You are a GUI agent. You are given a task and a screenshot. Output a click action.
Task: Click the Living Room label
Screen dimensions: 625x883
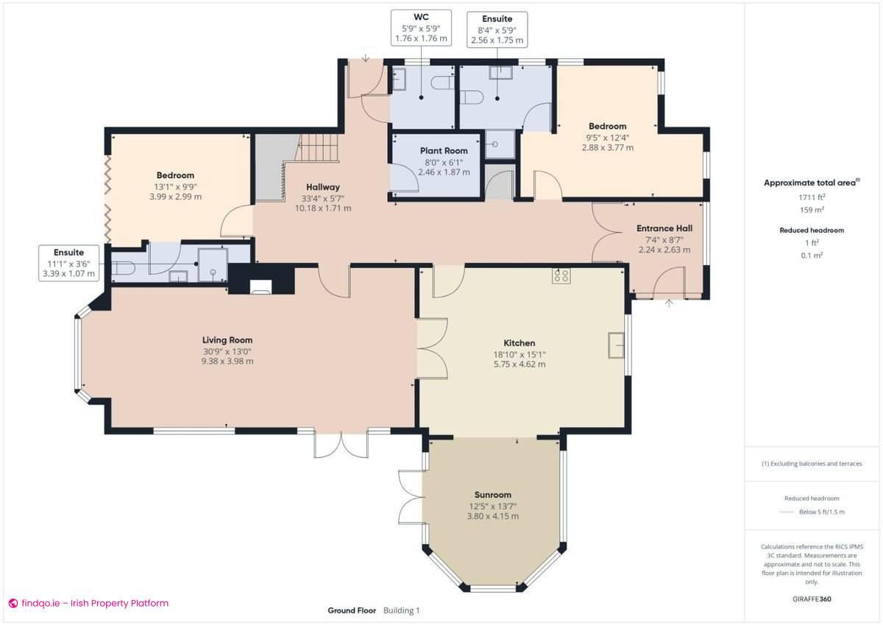point(227,340)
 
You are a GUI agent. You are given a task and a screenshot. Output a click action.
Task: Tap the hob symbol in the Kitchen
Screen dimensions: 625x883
point(561,276)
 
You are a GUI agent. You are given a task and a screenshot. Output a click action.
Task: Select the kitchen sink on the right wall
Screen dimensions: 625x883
point(615,345)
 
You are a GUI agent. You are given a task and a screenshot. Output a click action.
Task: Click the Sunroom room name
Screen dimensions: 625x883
point(492,495)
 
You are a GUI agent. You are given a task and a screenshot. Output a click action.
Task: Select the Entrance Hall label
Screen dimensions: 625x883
point(664,228)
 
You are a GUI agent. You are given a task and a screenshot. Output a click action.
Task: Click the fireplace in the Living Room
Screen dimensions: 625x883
point(261,286)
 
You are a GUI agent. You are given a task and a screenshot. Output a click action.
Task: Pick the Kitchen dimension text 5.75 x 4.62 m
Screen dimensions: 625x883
point(519,364)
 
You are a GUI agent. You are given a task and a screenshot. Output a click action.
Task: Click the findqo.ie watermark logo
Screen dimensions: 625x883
point(13,603)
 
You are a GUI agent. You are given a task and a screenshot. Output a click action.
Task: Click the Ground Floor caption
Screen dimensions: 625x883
point(352,610)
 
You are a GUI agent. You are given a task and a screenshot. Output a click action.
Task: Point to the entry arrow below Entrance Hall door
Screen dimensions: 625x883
point(669,302)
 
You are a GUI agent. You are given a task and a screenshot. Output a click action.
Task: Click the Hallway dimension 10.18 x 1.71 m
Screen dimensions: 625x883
point(322,208)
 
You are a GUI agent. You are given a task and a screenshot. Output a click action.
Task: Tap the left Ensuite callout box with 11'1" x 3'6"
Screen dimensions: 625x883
point(68,263)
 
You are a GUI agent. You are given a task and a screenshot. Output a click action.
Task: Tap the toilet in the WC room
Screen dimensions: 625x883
point(444,83)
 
